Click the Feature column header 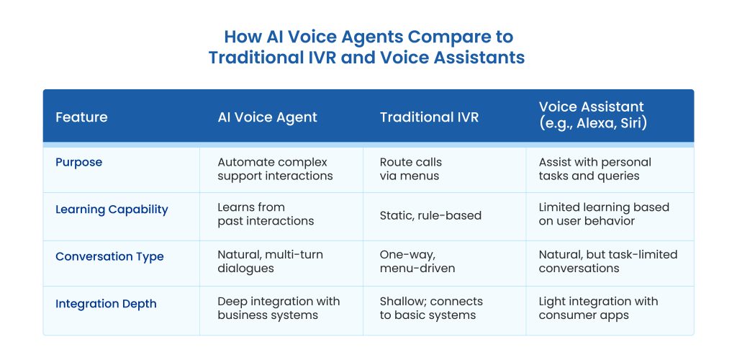[81, 117]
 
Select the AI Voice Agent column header [268, 117]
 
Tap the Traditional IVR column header [429, 117]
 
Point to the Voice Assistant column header [593, 115]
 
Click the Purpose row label [78, 163]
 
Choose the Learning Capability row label [112, 210]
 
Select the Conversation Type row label [109, 256]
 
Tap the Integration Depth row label [106, 304]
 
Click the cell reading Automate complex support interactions [275, 169]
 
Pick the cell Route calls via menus [411, 169]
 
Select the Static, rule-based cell [430, 216]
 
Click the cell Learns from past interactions [266, 215]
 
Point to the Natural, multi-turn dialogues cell [271, 261]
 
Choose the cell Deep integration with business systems [279, 308]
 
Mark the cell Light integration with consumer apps [598, 308]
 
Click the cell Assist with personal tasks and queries [595, 169]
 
